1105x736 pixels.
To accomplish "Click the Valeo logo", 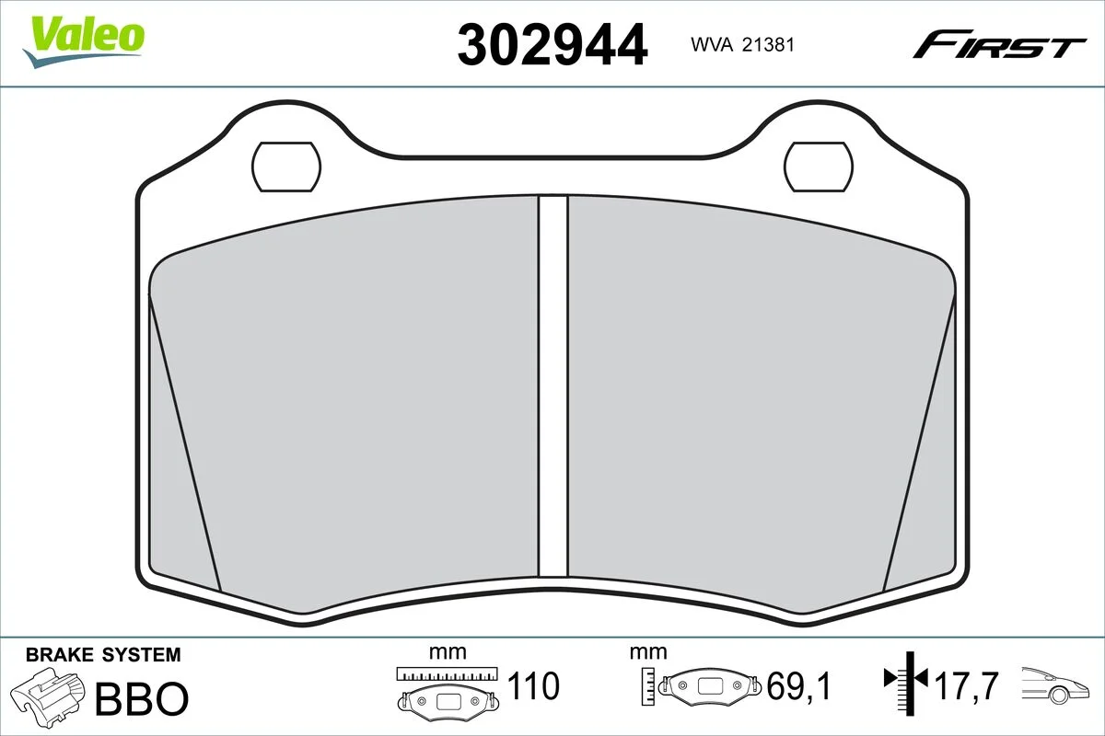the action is [x=84, y=42].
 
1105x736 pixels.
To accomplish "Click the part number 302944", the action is [x=552, y=45].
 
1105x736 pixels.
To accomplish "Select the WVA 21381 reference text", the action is [x=742, y=45].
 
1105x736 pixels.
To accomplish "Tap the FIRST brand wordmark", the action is [x=999, y=51].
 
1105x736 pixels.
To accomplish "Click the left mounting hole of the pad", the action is [x=286, y=167].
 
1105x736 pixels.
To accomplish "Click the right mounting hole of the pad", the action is [x=819, y=167].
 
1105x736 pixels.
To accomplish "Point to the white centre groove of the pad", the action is [x=553, y=386].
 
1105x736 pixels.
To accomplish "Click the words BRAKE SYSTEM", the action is [x=103, y=655].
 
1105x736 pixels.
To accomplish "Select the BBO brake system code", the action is [x=142, y=698].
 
